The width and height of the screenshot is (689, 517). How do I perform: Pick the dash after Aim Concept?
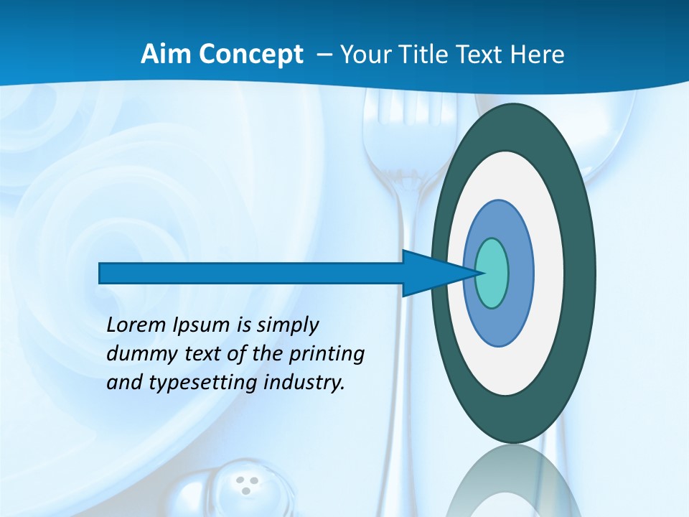pos(323,55)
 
